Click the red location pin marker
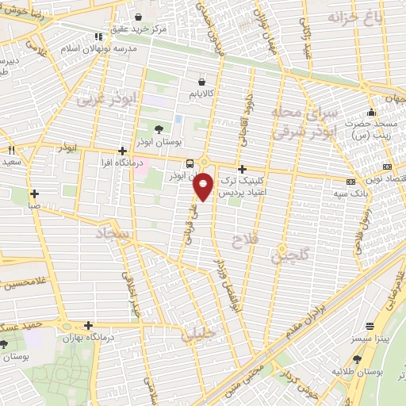click(x=204, y=186)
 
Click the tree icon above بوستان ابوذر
click(x=159, y=128)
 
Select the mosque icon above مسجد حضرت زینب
click(x=370, y=112)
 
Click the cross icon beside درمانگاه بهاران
click(x=88, y=325)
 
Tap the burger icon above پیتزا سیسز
click(x=370, y=326)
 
